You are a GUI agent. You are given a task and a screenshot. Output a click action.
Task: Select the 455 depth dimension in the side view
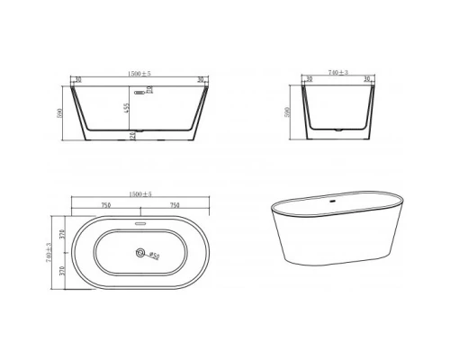128,108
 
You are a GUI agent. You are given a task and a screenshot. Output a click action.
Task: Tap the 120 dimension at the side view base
128,136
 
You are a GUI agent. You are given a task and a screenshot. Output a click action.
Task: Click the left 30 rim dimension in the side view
79,78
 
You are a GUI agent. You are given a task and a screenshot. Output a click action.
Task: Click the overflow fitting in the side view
139,90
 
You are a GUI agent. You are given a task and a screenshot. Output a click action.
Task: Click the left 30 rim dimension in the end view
310,78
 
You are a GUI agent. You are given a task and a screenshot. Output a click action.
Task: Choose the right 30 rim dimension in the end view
367,78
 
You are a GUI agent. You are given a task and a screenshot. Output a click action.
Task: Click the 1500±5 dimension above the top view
140,194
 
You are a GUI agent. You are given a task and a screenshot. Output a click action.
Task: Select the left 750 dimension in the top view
106,205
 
